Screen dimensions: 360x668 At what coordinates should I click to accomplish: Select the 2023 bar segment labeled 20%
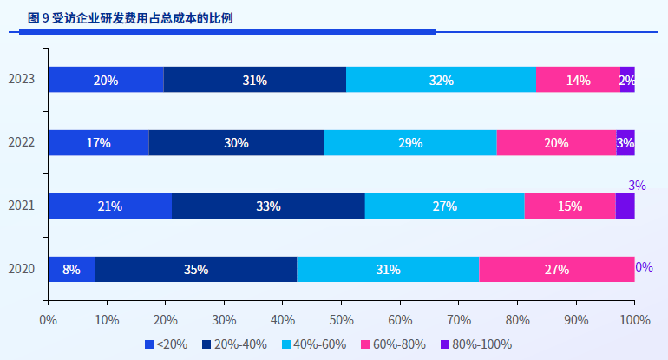point(106,80)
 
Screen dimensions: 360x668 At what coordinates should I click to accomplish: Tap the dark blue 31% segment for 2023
point(254,80)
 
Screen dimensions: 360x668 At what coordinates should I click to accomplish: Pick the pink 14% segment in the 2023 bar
point(578,80)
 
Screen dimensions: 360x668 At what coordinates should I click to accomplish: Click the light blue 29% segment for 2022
point(410,143)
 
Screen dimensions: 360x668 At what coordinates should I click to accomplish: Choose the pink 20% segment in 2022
point(556,143)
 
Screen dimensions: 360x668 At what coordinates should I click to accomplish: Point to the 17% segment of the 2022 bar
point(98,143)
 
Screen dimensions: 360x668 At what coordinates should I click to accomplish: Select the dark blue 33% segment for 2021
point(268,206)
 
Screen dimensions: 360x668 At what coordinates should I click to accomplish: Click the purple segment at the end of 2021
point(625,206)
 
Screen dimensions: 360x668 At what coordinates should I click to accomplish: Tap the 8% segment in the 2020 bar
point(71,270)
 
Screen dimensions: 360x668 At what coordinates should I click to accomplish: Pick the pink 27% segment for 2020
point(556,270)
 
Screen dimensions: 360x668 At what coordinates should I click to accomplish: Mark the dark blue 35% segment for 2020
point(196,270)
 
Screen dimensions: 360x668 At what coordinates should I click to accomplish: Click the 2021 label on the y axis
point(22,206)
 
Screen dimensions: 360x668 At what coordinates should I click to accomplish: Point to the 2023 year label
point(22,80)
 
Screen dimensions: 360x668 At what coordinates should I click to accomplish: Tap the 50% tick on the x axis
point(341,319)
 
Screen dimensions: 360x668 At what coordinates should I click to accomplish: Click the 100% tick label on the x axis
point(634,319)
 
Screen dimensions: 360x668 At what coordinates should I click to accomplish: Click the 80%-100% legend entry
point(475,344)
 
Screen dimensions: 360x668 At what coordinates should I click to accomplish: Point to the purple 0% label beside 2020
point(644,267)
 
